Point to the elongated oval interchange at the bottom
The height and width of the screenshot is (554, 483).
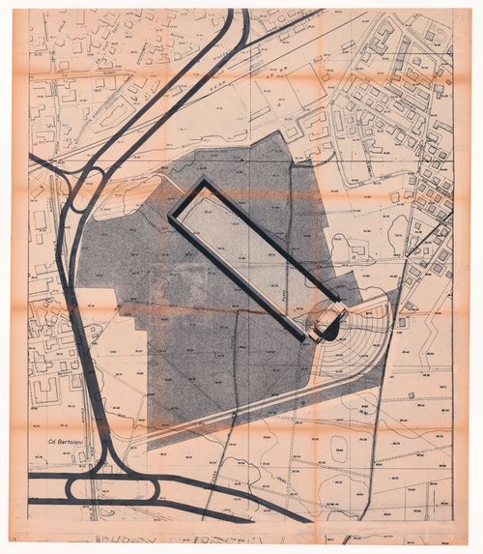pos(126,488)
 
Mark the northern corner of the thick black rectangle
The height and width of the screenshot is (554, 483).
pos(203,182)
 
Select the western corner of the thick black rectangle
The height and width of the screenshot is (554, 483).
pos(172,219)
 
